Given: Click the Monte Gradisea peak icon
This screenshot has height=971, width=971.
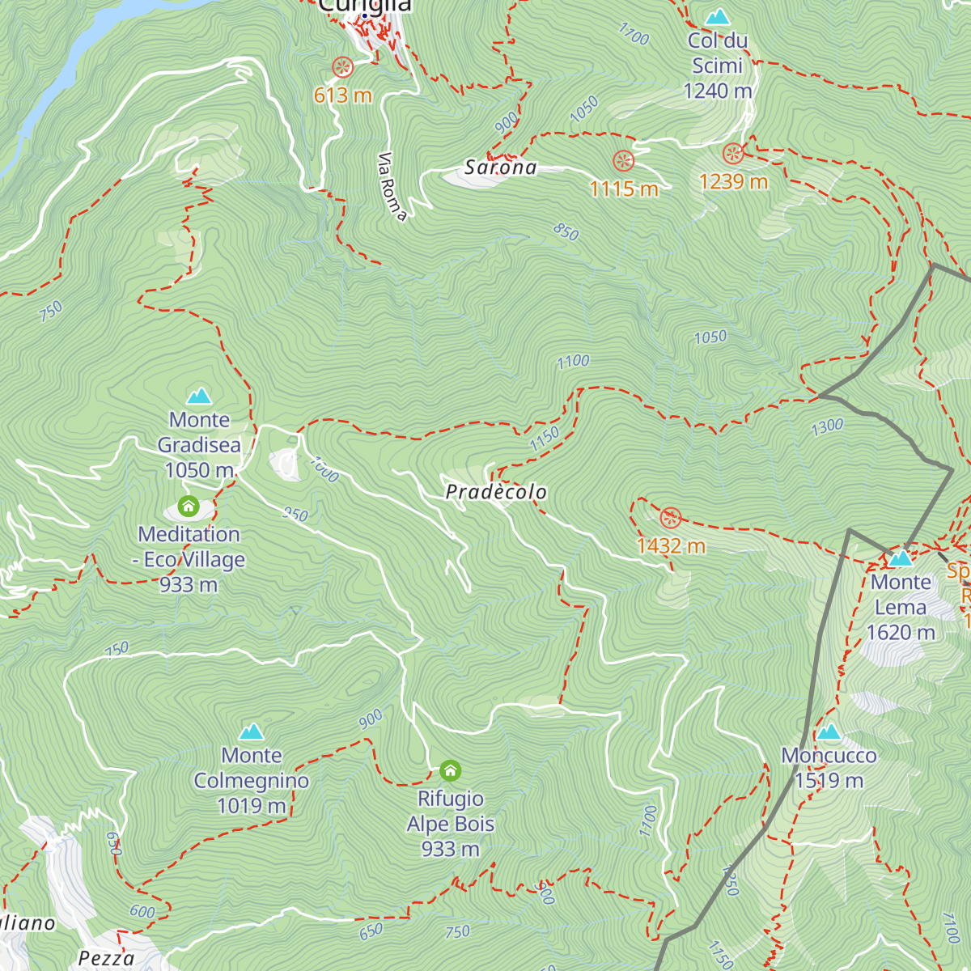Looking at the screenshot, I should (199, 396).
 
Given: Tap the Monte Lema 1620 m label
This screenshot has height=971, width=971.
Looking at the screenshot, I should (901, 607).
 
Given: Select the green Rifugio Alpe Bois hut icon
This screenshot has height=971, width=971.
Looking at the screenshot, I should (450, 770).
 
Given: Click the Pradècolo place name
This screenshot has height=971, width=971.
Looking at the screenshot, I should (496, 492).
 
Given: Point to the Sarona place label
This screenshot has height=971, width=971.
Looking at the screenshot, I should (500, 167).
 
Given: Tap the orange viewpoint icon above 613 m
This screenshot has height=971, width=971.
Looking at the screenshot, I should (342, 66).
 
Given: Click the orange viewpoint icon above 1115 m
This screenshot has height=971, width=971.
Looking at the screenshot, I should (623, 160).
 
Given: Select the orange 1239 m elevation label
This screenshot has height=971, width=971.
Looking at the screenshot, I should (733, 181).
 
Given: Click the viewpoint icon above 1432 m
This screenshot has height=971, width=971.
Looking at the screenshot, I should (670, 518).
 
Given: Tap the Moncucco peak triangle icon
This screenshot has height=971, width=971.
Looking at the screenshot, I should (829, 732).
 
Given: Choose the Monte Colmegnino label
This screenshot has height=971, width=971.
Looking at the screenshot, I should (252, 780).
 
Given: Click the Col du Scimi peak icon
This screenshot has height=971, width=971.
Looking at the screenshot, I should (717, 16).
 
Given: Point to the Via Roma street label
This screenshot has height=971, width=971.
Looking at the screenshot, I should (392, 186).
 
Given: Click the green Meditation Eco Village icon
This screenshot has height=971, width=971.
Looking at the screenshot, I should (189, 507).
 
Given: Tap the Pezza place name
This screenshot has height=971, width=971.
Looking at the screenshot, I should (106, 958).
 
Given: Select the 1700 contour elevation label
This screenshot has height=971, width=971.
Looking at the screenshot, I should (634, 34).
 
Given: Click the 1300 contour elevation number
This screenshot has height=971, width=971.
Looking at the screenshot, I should (827, 426).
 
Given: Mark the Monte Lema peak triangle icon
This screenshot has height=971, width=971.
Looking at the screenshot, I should (901, 558).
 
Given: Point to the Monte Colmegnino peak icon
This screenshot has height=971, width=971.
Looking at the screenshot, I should (251, 731).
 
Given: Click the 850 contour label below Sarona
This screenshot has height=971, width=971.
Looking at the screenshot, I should (566, 232).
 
